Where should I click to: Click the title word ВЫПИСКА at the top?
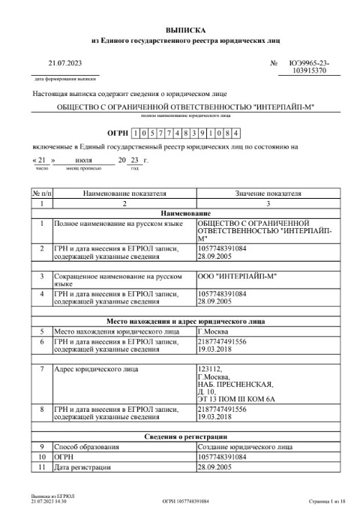point(179,28)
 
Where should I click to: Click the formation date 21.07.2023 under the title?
point(64,64)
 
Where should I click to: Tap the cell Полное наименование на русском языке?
point(118,223)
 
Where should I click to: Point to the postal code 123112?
point(210,369)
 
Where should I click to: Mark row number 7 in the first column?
point(41,369)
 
